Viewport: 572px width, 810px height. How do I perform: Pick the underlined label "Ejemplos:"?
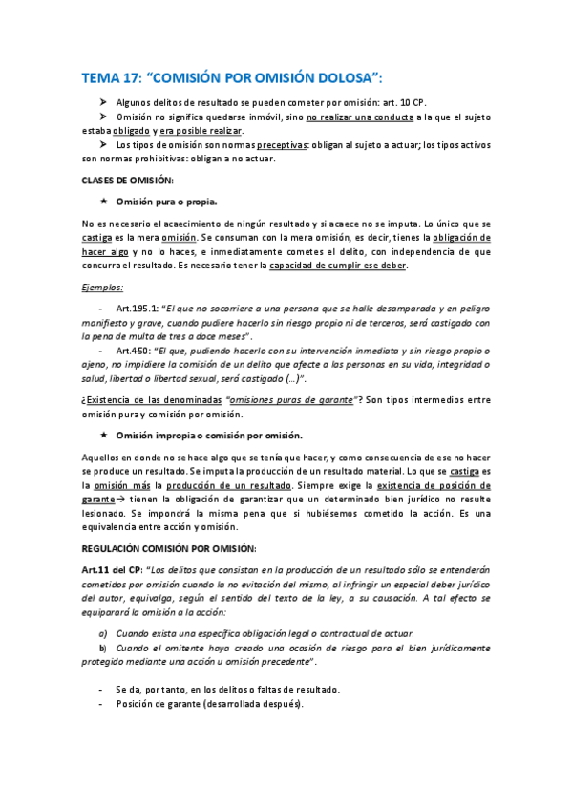click(105, 287)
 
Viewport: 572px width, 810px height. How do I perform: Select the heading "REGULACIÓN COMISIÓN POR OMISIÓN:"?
click(169, 548)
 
